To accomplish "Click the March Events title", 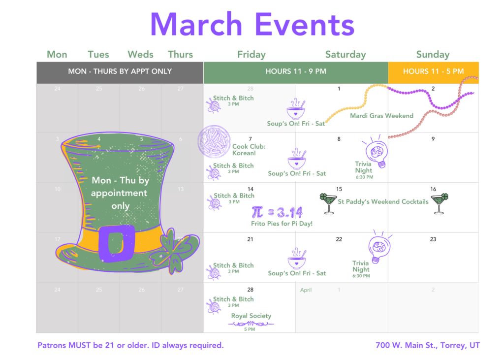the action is [x=252, y=25].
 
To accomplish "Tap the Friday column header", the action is [x=252, y=54].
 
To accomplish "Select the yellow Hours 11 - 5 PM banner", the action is [x=433, y=71].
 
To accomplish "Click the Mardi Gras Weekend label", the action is [x=381, y=116].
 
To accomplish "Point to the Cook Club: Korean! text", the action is [x=249, y=150].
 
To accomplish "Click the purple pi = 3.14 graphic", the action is [x=277, y=212].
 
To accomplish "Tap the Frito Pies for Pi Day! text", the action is [x=282, y=224].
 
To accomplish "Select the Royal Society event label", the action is [x=251, y=316].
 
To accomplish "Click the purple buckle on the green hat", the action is [x=116, y=243].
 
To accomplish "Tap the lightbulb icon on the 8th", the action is [x=377, y=151].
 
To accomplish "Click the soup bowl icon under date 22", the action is [x=297, y=259].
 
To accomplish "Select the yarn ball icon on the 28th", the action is [x=214, y=307].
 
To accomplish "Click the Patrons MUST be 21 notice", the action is [x=130, y=345].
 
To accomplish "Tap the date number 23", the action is [x=433, y=239].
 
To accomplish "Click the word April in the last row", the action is [x=306, y=290].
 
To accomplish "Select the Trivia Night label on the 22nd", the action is [x=361, y=266].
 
